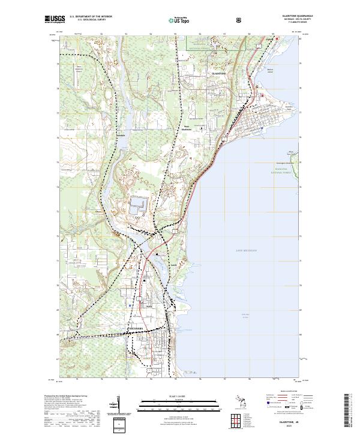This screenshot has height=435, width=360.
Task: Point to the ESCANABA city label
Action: click(134, 329)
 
